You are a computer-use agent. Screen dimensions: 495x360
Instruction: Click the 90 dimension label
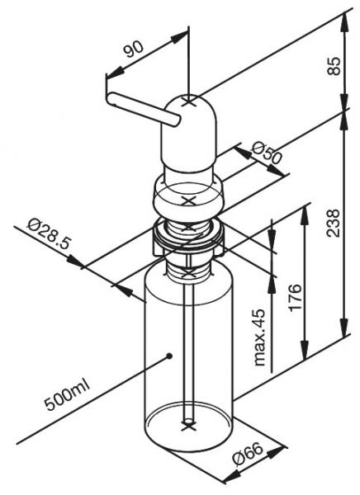[131, 50]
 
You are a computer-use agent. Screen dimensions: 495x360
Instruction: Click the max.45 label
[259, 337]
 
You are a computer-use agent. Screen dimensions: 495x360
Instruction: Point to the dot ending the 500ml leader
[168, 356]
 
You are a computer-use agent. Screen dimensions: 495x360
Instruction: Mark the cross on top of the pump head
[189, 103]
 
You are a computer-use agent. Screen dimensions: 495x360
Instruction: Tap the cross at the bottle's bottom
[189, 429]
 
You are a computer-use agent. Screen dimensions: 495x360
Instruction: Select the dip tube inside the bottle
[189, 346]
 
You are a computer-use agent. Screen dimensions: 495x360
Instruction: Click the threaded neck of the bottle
[189, 263]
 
